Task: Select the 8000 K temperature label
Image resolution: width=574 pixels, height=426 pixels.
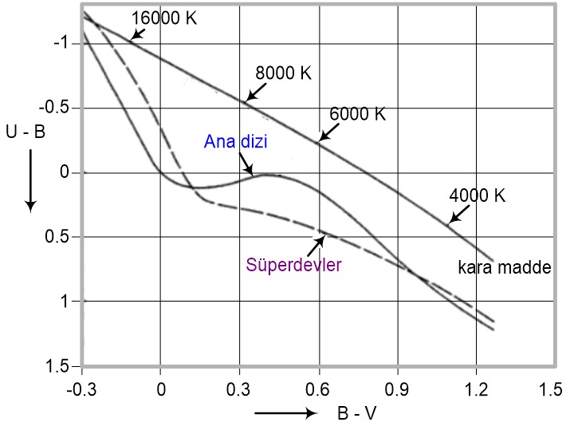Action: tap(283, 72)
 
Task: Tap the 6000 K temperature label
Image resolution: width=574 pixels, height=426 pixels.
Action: tap(357, 114)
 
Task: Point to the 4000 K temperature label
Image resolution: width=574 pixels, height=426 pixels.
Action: tap(478, 195)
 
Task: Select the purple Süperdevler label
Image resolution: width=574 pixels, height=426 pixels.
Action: tap(293, 264)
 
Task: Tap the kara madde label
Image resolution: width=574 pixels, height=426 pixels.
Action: tap(504, 268)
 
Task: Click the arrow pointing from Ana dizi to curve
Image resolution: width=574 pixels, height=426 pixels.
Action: tap(245, 164)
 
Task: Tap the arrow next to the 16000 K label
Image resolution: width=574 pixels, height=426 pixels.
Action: tap(138, 34)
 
